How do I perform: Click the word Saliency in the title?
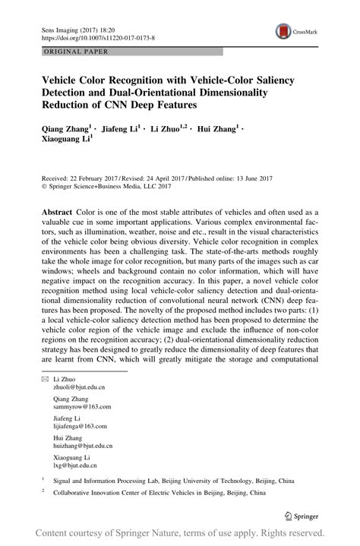click(x=270, y=80)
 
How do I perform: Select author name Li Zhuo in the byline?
click(x=168, y=129)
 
